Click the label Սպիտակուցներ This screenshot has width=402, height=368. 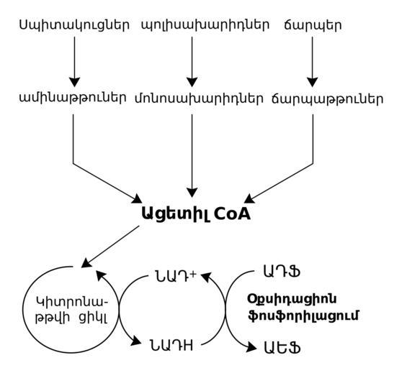(x=74, y=26)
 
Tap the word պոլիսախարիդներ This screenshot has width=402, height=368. (x=205, y=26)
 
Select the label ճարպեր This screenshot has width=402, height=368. (x=313, y=26)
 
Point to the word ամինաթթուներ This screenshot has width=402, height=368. (x=73, y=98)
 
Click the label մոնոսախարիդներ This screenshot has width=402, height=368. (x=199, y=98)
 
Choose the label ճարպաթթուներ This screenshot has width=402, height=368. (x=327, y=98)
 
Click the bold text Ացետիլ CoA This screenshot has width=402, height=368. (x=196, y=214)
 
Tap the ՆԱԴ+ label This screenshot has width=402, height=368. (x=176, y=276)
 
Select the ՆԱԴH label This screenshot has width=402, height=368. (x=171, y=345)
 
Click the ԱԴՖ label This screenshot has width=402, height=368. (x=282, y=272)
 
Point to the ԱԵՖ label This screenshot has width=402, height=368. (x=282, y=348)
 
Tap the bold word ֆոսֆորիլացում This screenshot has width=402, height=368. (x=303, y=316)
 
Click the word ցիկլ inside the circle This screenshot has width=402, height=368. (x=92, y=318)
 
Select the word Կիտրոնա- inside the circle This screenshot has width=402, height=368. (x=72, y=303)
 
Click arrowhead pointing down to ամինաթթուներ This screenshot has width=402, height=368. (x=75, y=82)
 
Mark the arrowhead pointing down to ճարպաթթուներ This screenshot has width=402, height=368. (x=312, y=82)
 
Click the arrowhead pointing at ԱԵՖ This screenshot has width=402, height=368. (x=251, y=346)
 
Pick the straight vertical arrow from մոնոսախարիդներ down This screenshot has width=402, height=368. (x=192, y=155)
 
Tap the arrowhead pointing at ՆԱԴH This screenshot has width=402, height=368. (x=136, y=341)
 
